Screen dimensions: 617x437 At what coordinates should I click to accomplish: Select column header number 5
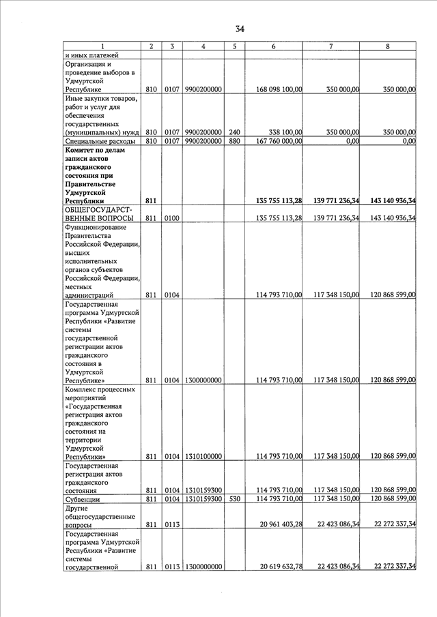coord(234,46)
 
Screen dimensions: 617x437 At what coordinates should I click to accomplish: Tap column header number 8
coord(388,46)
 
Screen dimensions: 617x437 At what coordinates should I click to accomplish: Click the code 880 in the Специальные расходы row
coord(234,141)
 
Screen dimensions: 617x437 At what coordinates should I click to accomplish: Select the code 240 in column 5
coord(234,132)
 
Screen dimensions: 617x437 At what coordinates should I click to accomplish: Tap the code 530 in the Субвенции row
coord(234,499)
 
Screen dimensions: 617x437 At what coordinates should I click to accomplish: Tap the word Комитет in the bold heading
coord(83,150)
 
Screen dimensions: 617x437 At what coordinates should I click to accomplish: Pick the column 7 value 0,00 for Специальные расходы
coord(348,141)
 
